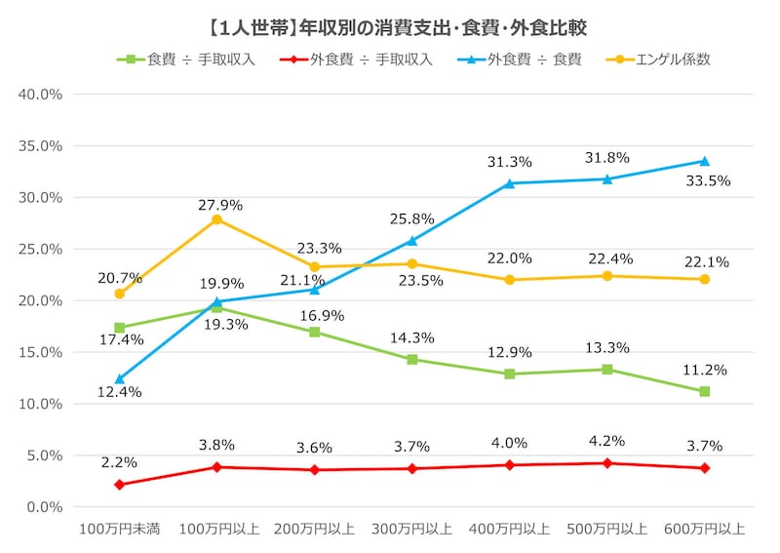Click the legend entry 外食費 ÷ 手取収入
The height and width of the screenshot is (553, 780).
(361, 59)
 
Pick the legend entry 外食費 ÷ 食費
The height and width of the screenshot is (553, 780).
(526, 59)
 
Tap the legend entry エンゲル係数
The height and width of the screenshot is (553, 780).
(663, 59)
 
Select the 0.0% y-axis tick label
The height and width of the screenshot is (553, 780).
(44, 506)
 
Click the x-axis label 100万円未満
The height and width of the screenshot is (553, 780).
(119, 530)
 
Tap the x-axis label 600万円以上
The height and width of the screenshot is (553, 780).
(704, 530)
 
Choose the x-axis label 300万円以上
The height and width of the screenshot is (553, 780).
(411, 530)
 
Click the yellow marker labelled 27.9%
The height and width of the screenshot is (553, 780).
(216, 219)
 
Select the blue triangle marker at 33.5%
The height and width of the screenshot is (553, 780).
(704, 161)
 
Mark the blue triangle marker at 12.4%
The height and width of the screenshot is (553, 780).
(119, 378)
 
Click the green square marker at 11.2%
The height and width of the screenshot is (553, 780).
(704, 391)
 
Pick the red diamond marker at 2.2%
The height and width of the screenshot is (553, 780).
(119, 485)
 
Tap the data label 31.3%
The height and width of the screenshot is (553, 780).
(509, 162)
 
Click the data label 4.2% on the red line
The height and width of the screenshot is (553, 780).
(606, 441)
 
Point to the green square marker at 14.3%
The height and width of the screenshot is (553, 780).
(411, 359)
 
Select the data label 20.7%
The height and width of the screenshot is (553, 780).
(119, 278)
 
